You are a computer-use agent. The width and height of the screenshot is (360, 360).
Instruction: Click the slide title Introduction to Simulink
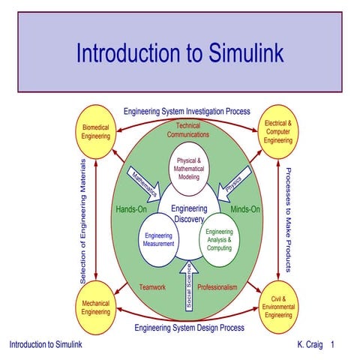(179, 53)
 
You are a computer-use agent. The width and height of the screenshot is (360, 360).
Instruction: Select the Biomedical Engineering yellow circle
(95, 133)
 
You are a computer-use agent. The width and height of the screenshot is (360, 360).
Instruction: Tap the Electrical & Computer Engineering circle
(278, 133)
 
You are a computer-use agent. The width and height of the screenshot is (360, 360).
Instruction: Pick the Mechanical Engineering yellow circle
(95, 307)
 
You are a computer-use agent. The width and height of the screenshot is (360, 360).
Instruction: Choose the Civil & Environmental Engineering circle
(278, 307)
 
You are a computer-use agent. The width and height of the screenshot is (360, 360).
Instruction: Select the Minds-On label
(244, 209)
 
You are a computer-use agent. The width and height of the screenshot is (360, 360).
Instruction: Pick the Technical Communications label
(188, 130)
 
